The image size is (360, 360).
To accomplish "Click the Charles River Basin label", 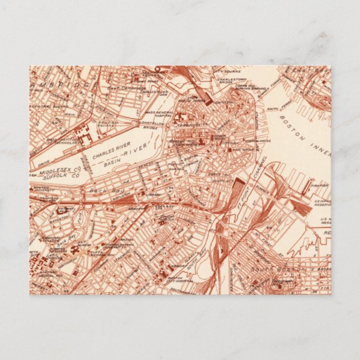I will [114, 155].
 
